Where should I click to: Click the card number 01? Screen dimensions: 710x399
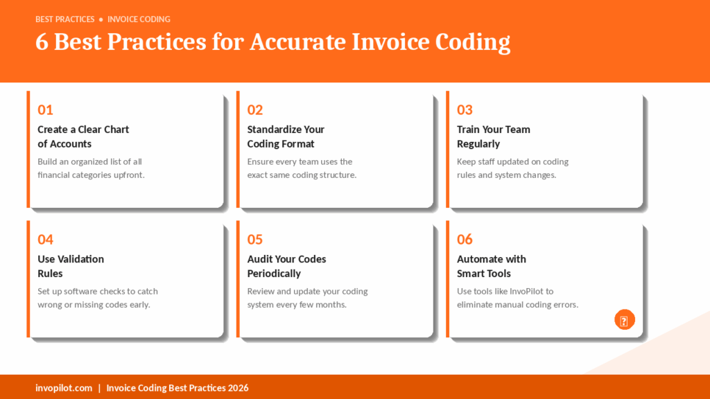pyautogui.click(x=45, y=110)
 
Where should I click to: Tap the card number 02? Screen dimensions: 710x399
pyautogui.click(x=255, y=110)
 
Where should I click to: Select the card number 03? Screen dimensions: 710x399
pyautogui.click(x=465, y=110)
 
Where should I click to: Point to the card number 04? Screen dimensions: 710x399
pyautogui.click(x=45, y=239)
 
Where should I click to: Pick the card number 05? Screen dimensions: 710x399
pyautogui.click(x=255, y=239)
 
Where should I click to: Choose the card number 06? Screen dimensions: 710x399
pyautogui.click(x=465, y=239)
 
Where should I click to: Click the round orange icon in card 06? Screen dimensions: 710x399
pyautogui.click(x=625, y=320)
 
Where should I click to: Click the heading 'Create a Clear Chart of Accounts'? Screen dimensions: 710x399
pyautogui.click(x=83, y=136)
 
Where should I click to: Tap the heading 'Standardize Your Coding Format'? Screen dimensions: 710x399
pyautogui.click(x=286, y=136)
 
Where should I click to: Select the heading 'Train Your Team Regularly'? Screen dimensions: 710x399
pyautogui.click(x=494, y=136)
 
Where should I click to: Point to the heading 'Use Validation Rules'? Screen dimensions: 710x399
pyautogui.click(x=71, y=266)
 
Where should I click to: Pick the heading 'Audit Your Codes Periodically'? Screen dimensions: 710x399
pyautogui.click(x=286, y=266)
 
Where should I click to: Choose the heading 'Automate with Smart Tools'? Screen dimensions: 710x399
pyautogui.click(x=492, y=266)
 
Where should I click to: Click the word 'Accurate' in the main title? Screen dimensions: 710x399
pyautogui.click(x=298, y=42)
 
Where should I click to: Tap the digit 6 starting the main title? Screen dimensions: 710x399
pyautogui.click(x=42, y=42)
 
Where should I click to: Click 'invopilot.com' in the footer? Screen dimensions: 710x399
pyautogui.click(x=64, y=388)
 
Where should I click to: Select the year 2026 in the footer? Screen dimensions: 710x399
pyautogui.click(x=239, y=388)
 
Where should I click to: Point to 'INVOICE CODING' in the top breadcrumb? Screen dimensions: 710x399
pyautogui.click(x=139, y=19)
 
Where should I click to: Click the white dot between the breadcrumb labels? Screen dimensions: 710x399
pyautogui.click(x=101, y=19)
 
